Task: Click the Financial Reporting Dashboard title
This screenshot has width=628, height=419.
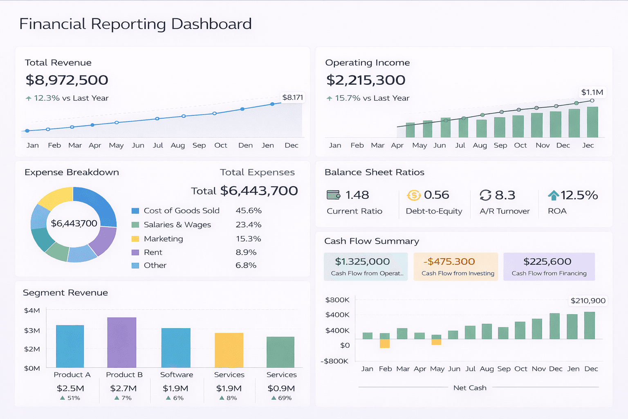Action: click(135, 24)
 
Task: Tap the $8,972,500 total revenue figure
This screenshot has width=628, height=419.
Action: click(67, 80)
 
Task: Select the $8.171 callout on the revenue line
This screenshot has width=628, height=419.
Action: click(292, 97)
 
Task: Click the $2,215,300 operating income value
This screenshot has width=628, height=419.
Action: click(366, 80)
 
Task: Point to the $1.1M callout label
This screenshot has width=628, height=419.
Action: click(592, 92)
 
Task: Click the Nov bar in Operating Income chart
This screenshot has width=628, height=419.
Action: click(537, 125)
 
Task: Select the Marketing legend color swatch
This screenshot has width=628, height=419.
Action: click(135, 239)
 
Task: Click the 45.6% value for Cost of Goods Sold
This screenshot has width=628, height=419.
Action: click(249, 211)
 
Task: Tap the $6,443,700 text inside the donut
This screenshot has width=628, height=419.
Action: click(74, 223)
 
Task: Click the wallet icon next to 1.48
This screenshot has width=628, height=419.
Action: click(334, 195)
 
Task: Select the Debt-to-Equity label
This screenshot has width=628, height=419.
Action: click(434, 211)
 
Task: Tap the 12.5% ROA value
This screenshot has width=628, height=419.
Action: click(579, 195)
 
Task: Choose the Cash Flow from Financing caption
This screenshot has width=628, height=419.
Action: click(549, 273)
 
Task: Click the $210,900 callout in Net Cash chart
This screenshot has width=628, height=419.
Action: click(588, 301)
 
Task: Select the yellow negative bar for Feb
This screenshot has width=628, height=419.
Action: click(384, 343)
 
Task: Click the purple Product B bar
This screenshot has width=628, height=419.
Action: click(122, 342)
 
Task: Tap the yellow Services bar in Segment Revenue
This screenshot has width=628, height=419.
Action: click(229, 350)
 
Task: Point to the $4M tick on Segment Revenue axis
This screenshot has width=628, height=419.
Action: click(32, 311)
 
